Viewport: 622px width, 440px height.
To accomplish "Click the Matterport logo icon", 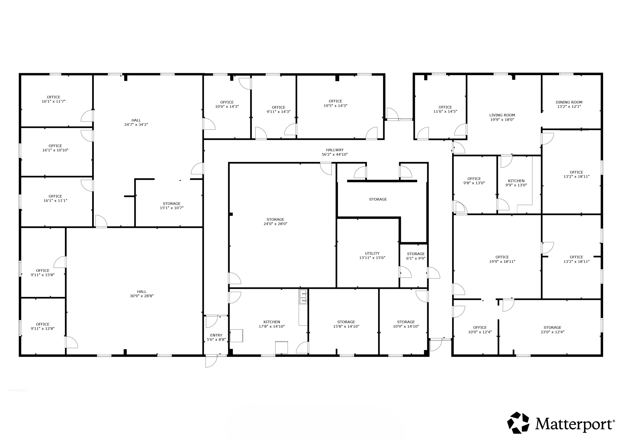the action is click(x=518, y=423).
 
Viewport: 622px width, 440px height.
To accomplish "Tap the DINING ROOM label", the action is click(x=569, y=102).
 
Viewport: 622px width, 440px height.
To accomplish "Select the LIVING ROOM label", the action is click(x=502, y=115).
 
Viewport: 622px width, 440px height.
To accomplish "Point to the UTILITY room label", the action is click(x=372, y=253).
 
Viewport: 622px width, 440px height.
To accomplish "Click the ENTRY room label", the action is click(x=216, y=335).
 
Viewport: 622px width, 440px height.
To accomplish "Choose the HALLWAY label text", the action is click(x=335, y=150).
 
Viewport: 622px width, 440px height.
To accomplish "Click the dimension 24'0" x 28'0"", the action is click(x=275, y=224).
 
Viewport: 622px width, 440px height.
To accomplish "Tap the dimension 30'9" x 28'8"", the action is click(x=141, y=296).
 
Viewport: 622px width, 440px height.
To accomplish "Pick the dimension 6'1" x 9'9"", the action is click(x=415, y=258).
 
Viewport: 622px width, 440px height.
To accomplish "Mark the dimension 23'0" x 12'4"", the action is click(x=552, y=332).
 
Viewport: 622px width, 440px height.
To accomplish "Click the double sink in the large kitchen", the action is click(x=303, y=297).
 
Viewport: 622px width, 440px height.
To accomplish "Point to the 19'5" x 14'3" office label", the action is click(x=335, y=103).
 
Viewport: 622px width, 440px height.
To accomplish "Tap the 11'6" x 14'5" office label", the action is click(x=445, y=109).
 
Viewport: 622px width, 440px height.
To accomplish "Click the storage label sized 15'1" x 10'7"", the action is click(x=172, y=206).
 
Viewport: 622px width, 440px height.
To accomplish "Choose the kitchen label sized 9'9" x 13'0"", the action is click(x=516, y=183).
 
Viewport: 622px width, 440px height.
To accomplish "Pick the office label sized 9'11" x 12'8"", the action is click(x=43, y=326).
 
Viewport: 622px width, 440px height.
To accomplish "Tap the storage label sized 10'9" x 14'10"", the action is click(x=406, y=324).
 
